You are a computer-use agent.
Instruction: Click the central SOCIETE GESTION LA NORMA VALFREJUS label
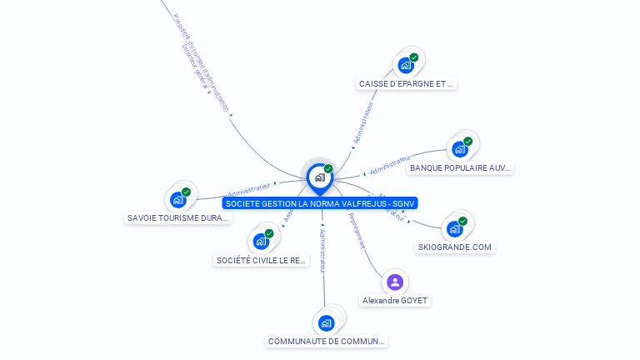click(x=320, y=202)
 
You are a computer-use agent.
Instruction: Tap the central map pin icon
click(x=319, y=177)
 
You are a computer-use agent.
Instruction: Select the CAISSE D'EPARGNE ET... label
click(x=407, y=84)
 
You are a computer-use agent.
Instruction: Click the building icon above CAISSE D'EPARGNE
click(x=406, y=64)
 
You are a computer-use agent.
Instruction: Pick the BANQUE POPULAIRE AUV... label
click(x=459, y=167)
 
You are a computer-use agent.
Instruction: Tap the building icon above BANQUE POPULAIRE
click(x=459, y=149)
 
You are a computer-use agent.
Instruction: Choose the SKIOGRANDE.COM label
click(x=455, y=247)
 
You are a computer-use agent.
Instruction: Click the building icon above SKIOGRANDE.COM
click(x=454, y=228)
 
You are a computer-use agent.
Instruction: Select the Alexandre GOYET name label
click(x=396, y=300)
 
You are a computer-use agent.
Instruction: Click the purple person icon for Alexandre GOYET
click(x=395, y=282)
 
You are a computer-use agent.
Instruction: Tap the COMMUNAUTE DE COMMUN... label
click(x=327, y=341)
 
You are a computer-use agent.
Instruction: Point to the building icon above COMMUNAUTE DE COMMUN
click(x=327, y=322)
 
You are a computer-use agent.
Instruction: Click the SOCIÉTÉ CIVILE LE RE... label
click(x=262, y=260)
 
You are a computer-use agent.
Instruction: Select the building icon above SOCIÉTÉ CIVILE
click(x=262, y=242)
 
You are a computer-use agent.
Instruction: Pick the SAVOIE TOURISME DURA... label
click(x=178, y=217)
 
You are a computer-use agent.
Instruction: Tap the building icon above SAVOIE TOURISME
click(x=178, y=199)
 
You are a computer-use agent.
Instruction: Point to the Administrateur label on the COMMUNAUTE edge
click(x=323, y=249)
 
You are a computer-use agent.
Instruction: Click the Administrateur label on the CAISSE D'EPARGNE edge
click(x=363, y=124)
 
